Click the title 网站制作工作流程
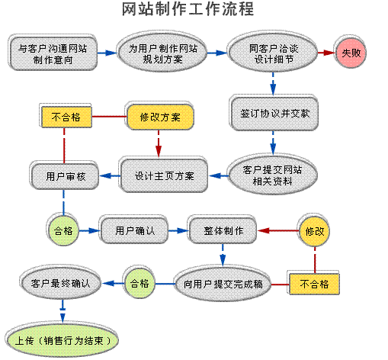(188, 9)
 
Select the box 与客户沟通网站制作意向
(53, 53)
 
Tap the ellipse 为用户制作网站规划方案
(162, 53)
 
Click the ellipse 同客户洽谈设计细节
(273, 53)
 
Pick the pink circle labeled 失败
(351, 53)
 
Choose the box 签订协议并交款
(274, 114)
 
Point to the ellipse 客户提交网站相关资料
(272, 175)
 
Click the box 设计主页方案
(164, 175)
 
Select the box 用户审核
(65, 176)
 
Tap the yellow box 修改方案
(160, 117)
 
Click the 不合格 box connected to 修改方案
(66, 117)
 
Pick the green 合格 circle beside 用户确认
(63, 230)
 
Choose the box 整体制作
(223, 231)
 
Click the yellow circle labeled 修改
(314, 231)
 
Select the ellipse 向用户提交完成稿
(223, 284)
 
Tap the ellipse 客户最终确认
(61, 283)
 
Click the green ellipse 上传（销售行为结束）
(63, 340)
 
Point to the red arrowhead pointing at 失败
(330, 53)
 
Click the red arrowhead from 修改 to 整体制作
(264, 231)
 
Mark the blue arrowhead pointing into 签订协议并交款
(273, 89)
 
